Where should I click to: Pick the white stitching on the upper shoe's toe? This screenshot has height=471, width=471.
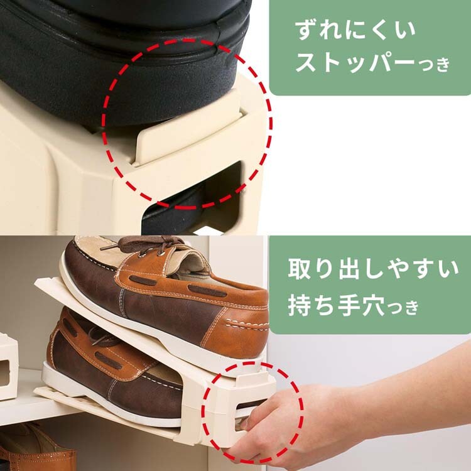click(x=247, y=325)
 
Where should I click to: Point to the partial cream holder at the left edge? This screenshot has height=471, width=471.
click(x=8, y=367)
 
